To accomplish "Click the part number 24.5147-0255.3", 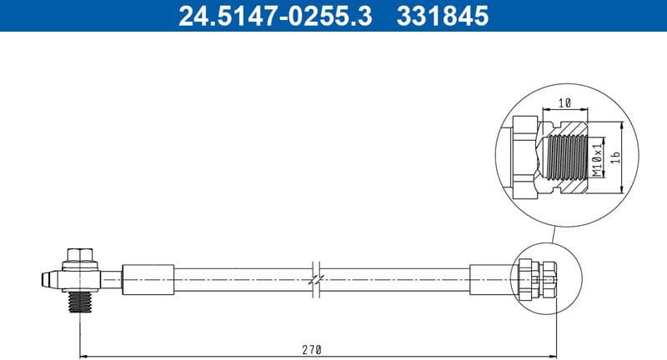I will click(276, 16).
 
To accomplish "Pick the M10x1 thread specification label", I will click(597, 157).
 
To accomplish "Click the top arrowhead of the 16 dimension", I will click(624, 123).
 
